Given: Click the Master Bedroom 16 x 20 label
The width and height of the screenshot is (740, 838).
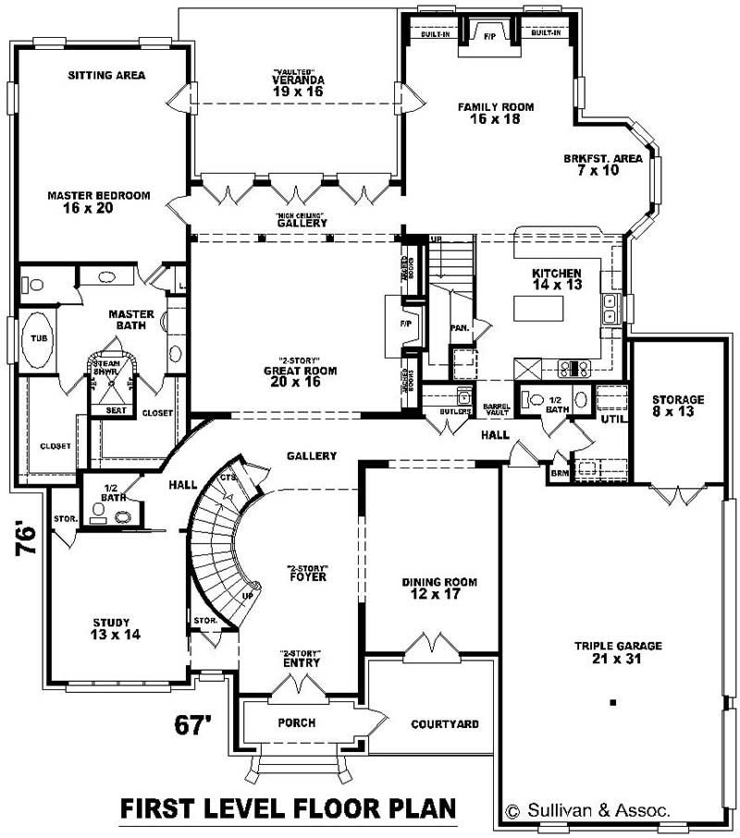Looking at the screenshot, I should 98,201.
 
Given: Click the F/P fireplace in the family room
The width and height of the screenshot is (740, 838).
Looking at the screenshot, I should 489,35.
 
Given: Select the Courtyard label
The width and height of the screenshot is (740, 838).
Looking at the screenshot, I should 444,723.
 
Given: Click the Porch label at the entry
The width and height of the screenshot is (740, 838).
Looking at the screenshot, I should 296,723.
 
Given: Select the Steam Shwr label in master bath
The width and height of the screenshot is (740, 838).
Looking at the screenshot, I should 105,368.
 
